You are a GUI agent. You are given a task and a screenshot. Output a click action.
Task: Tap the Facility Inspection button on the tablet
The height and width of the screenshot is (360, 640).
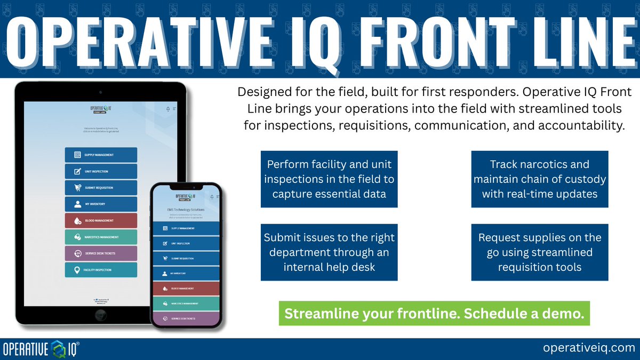click(101, 270)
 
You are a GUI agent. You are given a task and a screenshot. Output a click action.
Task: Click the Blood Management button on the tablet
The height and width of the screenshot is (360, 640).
click(101, 221)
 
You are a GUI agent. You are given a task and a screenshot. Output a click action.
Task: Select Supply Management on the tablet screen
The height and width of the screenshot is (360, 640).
click(101, 155)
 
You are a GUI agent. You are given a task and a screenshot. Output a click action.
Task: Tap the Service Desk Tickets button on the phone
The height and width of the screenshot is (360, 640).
click(185, 318)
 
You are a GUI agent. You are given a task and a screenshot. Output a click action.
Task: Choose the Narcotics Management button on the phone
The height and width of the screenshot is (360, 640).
click(185, 303)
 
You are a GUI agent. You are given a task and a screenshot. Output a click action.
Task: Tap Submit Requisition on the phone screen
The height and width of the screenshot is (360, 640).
click(185, 258)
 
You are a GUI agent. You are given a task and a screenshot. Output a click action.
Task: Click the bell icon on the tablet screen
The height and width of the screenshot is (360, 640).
click(168, 109)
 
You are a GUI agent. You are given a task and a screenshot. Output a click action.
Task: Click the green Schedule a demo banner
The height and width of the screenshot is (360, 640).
click(434, 314)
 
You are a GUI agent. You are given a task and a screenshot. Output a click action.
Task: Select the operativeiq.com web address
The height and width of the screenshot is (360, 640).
click(585, 348)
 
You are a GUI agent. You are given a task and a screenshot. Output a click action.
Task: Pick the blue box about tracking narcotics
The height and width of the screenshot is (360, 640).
click(540, 179)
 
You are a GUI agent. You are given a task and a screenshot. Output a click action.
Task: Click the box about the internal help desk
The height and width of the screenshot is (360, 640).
click(329, 252)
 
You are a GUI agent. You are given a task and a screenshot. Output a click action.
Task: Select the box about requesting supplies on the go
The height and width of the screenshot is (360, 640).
click(540, 252)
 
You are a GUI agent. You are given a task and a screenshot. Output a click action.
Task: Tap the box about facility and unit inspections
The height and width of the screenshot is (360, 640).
click(329, 179)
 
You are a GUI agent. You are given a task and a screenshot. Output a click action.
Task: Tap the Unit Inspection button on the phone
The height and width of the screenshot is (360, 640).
click(185, 243)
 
